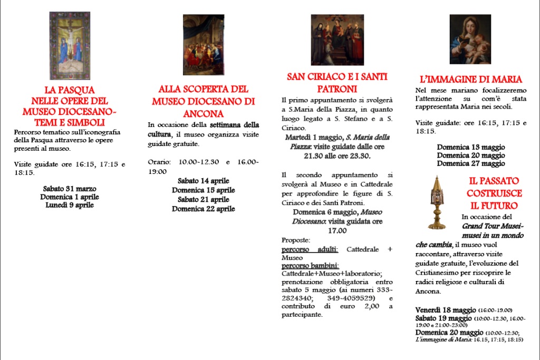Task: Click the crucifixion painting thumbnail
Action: pos(70,45)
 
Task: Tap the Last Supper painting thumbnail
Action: pos(204,45)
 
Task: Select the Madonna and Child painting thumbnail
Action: pos(470,40)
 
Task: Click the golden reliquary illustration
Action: pos(436,202)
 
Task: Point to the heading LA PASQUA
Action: pos(70,90)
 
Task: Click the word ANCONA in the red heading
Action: pos(204,113)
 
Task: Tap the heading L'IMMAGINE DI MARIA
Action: pos(471,80)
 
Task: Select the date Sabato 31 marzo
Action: pos(70,189)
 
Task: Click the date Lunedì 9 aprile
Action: pos(70,205)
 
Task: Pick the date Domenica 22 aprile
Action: pos(204,209)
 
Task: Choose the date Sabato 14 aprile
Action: pos(204,181)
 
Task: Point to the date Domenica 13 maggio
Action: pos(471,147)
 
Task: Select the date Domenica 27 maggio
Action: pos(471,163)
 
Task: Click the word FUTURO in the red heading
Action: pos(494,206)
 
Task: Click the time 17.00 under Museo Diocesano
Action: pos(337,230)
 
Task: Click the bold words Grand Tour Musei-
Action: pos(493,226)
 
